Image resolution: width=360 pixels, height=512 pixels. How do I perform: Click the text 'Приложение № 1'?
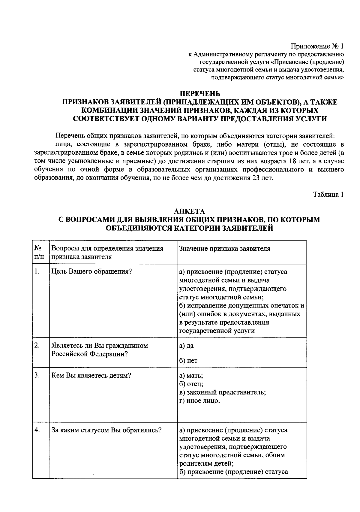click(316, 47)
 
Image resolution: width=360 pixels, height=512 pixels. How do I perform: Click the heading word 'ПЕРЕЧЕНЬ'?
click(200, 94)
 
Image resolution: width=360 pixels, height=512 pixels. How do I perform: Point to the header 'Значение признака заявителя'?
click(224, 248)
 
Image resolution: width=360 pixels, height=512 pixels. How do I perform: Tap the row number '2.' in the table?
click(37, 345)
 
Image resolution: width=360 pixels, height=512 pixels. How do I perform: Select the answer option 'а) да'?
click(186, 346)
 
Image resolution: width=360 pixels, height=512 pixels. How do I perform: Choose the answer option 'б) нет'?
click(188, 361)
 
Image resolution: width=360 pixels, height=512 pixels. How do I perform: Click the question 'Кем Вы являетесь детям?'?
click(91, 376)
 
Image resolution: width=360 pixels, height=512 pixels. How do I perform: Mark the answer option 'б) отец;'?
click(191, 384)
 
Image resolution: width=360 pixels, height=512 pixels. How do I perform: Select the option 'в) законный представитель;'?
click(222, 392)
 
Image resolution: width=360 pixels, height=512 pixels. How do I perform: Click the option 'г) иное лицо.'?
click(199, 401)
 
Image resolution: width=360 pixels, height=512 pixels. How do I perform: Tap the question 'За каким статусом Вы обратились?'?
click(106, 430)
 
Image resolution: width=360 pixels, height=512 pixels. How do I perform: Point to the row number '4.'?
click(37, 430)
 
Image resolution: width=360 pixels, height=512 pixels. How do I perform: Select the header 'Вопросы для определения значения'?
click(107, 248)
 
